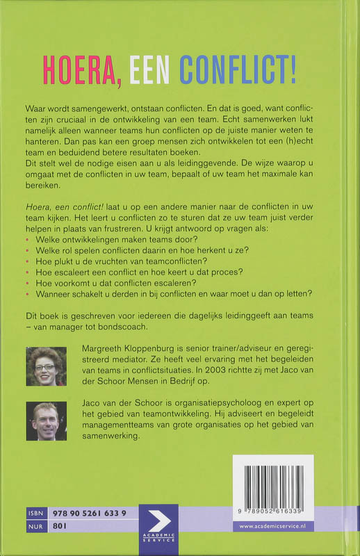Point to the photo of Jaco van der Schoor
(x=46, y=422)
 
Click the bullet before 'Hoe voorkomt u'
(x=27, y=283)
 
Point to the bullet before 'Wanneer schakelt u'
(x=27, y=294)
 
